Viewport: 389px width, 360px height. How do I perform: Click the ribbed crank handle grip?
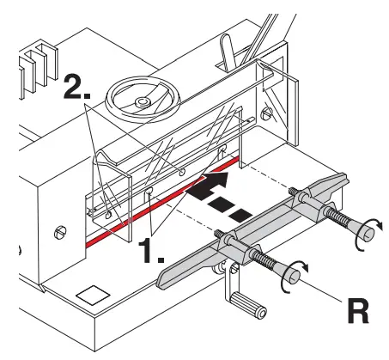(242, 306)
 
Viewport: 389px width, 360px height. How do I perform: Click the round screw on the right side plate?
(269, 113)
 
